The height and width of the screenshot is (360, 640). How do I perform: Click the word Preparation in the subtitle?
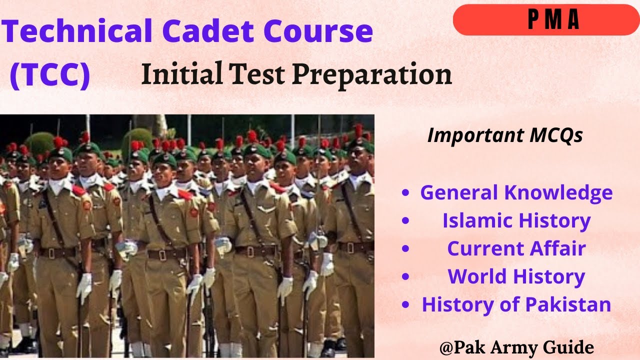[x=372, y=75]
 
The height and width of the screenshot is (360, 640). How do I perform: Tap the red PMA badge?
[x=546, y=20]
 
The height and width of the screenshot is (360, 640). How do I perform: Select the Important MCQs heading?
[x=505, y=135]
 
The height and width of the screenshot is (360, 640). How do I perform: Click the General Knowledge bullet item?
[x=516, y=192]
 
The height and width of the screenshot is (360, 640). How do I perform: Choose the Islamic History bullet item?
[x=516, y=220]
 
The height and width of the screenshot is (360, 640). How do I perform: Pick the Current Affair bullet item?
[x=516, y=248]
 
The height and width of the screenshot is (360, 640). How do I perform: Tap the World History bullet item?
[x=516, y=276]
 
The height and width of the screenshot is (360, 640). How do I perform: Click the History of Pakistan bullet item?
[x=516, y=304]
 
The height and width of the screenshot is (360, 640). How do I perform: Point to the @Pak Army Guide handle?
[x=516, y=347]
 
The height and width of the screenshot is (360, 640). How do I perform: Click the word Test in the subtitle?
[x=259, y=75]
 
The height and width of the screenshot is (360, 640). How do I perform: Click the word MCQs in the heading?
[x=554, y=135]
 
